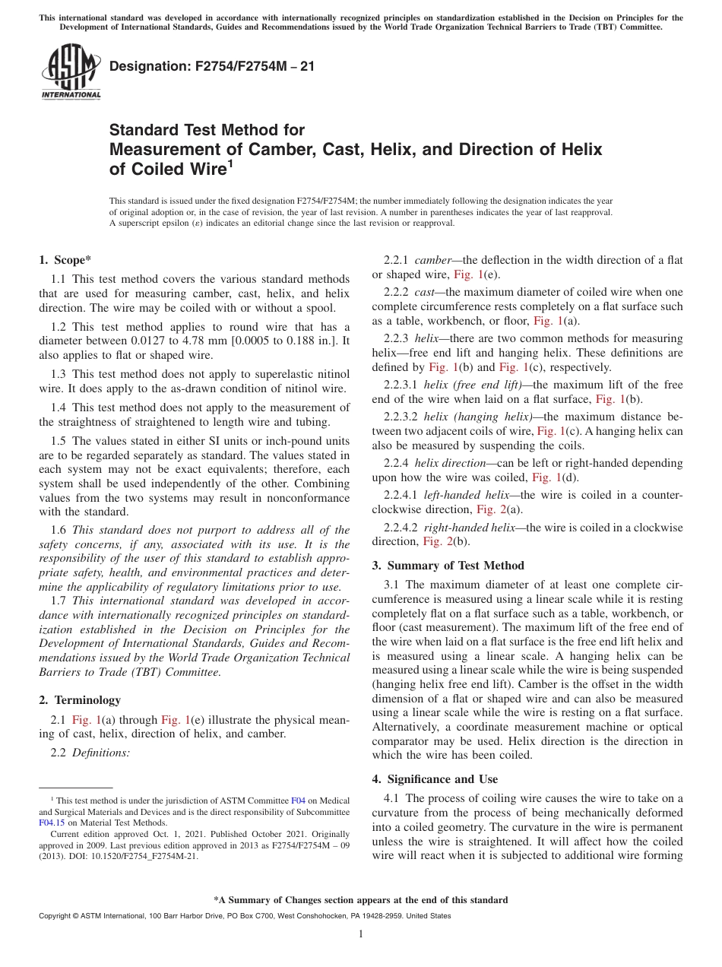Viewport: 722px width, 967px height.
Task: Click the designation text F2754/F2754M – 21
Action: point(212,66)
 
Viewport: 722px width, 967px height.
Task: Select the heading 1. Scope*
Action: point(65,260)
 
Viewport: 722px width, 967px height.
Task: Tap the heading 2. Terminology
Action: point(79,699)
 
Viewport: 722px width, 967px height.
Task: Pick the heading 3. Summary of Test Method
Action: point(448,565)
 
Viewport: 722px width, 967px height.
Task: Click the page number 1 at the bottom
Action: point(361,934)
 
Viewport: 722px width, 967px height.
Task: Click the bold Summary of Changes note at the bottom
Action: point(360,900)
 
